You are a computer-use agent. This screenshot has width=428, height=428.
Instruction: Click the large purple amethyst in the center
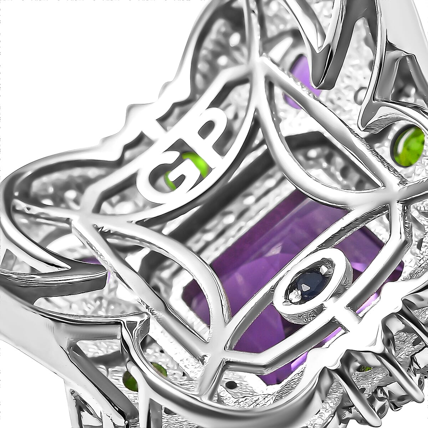250,250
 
